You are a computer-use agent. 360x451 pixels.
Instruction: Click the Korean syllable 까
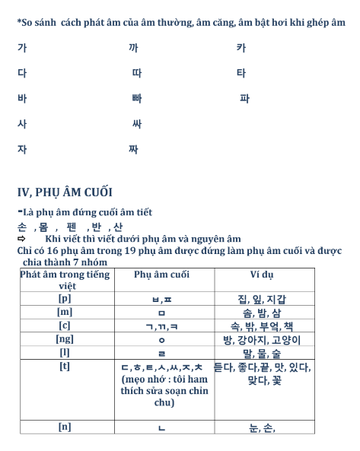[133, 48]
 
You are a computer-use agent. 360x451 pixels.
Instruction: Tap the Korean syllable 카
[241, 48]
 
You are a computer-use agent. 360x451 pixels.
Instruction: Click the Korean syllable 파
[244, 99]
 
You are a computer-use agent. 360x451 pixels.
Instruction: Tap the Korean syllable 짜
[133, 149]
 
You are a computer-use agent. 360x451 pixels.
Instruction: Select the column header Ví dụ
[262, 275]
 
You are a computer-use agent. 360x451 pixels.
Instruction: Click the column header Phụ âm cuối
[161, 275]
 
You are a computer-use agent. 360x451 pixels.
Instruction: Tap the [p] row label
[65, 298]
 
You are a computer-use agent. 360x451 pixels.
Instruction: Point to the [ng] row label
[65, 339]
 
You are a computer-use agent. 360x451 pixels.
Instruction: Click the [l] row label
[65, 353]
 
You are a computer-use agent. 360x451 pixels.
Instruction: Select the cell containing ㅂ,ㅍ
[161, 299]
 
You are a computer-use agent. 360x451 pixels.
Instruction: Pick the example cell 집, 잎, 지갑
[262, 299]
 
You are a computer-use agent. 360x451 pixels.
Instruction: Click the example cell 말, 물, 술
[262, 354]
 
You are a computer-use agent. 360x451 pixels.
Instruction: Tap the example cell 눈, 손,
[262, 427]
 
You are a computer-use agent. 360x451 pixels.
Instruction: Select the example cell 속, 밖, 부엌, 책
[262, 326]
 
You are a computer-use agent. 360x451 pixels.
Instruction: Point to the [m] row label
[65, 312]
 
